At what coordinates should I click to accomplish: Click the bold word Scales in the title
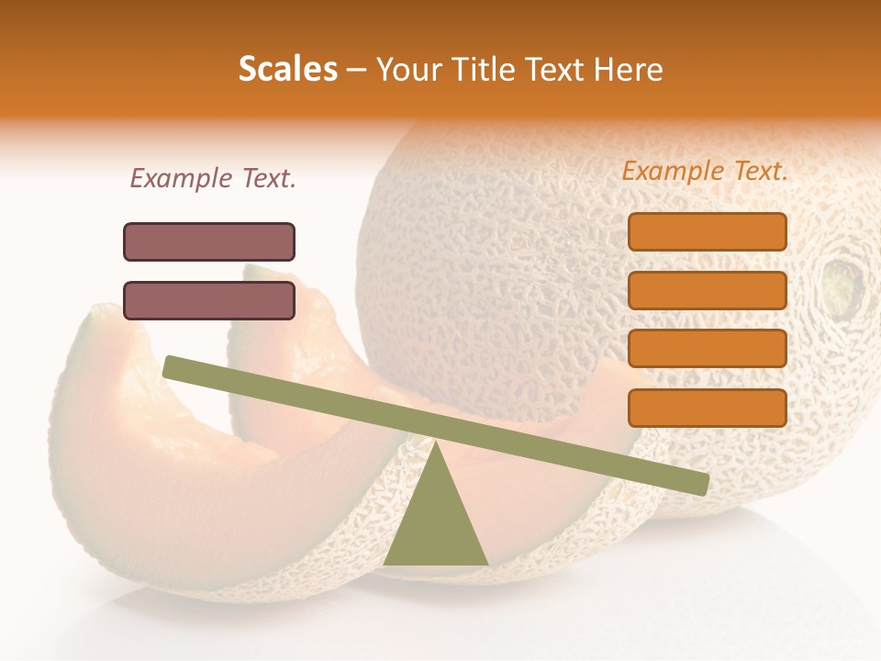tap(287, 70)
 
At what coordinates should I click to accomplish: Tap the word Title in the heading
tap(485, 70)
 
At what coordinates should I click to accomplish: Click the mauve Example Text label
tap(213, 178)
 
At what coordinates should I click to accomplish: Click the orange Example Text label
tap(705, 171)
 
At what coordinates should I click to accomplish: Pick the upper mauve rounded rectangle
tap(209, 241)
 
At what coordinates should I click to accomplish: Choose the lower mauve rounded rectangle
tap(209, 300)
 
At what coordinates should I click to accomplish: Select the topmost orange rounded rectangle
tap(708, 231)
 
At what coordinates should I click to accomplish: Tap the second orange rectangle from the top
tap(708, 290)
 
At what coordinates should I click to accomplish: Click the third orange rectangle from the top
tap(708, 349)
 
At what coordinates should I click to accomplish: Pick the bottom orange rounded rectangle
tap(708, 408)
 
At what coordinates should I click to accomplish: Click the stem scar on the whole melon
tap(843, 286)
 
